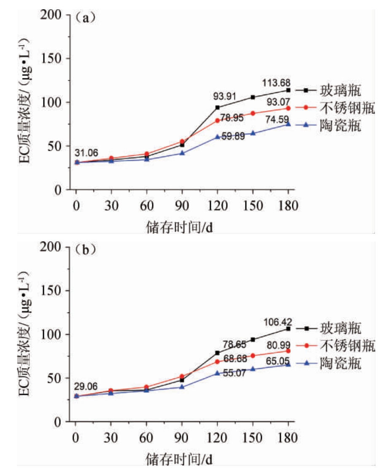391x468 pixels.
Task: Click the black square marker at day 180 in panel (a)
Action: [x=289, y=90]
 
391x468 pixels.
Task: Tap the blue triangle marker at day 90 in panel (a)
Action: [x=182, y=153]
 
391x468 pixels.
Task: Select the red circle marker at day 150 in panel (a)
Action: [x=253, y=113]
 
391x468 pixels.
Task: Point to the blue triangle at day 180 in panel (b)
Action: [x=289, y=364]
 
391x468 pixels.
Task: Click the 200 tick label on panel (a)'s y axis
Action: [x=53, y=15]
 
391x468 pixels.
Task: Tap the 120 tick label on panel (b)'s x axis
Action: [x=218, y=438]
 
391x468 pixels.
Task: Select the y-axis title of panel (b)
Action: [x=27, y=334]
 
